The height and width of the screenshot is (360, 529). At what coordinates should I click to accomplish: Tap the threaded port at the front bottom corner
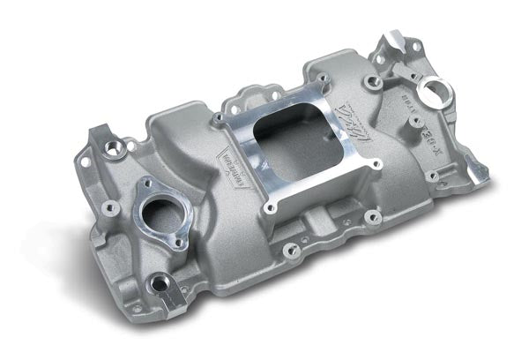(x=162, y=285)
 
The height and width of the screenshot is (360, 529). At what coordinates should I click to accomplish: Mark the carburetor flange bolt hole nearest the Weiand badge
(x=218, y=116)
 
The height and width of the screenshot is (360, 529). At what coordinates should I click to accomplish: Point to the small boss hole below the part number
(x=433, y=176)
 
